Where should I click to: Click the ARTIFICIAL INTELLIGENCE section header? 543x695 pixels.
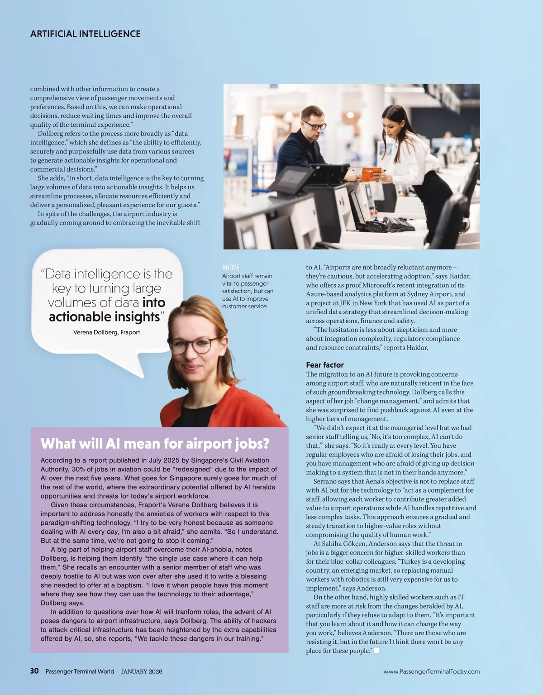pyautogui.click(x=85, y=34)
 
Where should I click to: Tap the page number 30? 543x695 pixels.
pyautogui.click(x=34, y=671)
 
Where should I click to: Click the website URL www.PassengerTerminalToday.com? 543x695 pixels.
pyautogui.click(x=431, y=671)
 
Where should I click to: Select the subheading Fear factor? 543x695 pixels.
pyautogui.click(x=324, y=365)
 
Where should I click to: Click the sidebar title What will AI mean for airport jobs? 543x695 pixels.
pyautogui.click(x=155, y=443)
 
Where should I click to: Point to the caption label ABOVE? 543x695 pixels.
pyautogui.click(x=231, y=268)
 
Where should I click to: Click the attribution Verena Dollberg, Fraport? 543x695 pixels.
pyautogui.click(x=106, y=332)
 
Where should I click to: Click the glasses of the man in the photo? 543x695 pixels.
pyautogui.click(x=314, y=124)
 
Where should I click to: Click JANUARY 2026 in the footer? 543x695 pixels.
pyautogui.click(x=142, y=671)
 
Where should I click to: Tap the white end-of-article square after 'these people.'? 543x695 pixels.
pyautogui.click(x=376, y=651)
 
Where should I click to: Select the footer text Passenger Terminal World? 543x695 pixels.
pyautogui.click(x=80, y=671)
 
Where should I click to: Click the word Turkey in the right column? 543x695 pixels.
pyautogui.click(x=410, y=561)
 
